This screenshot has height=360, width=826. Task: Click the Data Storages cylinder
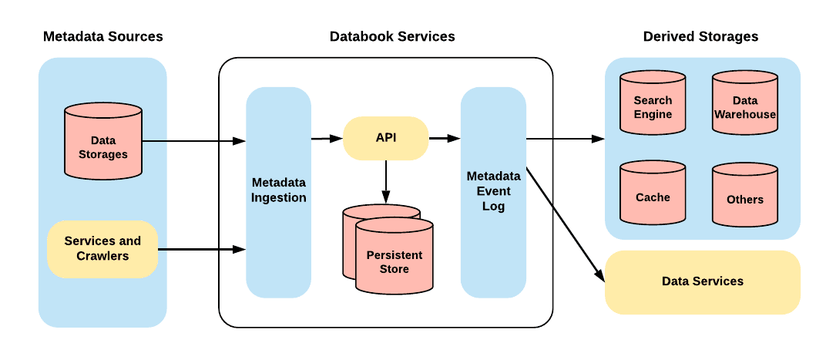(x=103, y=146)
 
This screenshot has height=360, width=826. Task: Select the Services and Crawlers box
(x=102, y=249)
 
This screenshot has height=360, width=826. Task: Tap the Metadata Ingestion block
(x=278, y=191)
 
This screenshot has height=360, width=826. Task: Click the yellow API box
(x=385, y=138)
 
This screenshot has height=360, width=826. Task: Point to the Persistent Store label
(x=394, y=262)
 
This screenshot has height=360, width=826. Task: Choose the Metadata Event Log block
(x=493, y=191)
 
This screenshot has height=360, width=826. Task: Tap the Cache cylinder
(x=653, y=197)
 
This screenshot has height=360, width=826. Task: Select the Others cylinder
(x=745, y=199)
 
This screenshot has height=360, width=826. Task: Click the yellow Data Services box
(x=703, y=281)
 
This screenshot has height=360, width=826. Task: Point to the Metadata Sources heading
(x=103, y=36)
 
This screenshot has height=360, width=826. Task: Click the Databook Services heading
(x=392, y=36)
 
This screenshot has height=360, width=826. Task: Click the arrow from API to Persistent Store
(x=386, y=182)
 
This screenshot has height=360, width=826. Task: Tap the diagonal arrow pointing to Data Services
(x=562, y=224)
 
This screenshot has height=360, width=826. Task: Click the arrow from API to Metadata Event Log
(x=444, y=139)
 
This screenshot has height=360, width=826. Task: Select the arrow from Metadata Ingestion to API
(x=327, y=139)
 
